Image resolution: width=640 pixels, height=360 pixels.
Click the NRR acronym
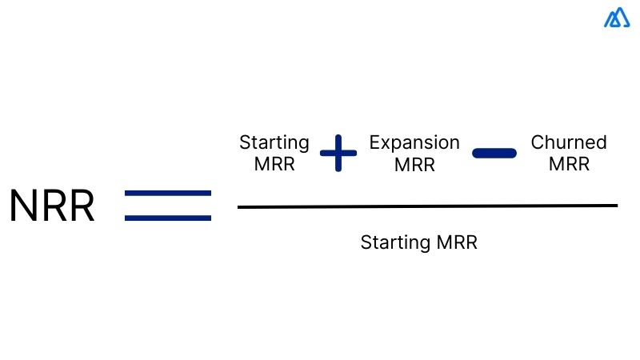tap(52, 206)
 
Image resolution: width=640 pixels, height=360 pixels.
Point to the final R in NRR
tap(81, 206)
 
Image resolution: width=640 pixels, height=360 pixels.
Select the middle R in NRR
tap(53, 206)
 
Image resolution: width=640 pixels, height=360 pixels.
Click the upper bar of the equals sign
tap(168, 194)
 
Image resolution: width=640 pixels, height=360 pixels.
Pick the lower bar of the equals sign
tap(168, 217)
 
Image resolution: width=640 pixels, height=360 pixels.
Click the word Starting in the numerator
tap(274, 143)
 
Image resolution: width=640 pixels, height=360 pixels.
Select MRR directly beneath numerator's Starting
tap(274, 165)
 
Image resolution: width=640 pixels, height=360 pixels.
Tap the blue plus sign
tap(338, 153)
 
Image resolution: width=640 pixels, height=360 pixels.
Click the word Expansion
tap(414, 143)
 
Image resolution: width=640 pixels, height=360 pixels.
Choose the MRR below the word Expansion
tap(414, 165)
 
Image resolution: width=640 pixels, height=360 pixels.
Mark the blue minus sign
tap(494, 153)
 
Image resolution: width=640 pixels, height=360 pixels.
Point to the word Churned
tap(569, 143)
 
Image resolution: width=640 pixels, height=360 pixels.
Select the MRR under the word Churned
tap(569, 165)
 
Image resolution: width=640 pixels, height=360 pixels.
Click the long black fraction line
tap(427, 206)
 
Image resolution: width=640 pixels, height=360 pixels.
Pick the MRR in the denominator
tap(456, 242)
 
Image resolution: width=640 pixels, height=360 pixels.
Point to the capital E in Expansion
tap(374, 143)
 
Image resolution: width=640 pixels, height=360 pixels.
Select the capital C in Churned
tap(537, 143)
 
